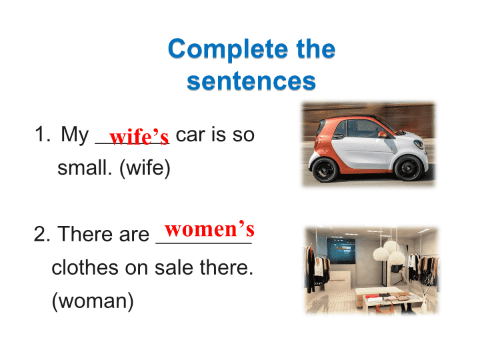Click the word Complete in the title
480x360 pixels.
click(228, 49)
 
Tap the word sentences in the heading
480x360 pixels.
click(251, 81)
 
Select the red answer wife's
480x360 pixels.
click(139, 136)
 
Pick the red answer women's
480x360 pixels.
click(209, 229)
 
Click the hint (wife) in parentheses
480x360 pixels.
click(145, 168)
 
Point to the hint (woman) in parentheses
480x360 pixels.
click(93, 301)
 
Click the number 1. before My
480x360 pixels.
click(43, 134)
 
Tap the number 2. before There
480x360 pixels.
click(42, 234)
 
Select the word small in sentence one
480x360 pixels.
click(85, 168)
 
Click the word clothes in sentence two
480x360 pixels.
click(85, 267)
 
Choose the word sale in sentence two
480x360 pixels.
click(174, 267)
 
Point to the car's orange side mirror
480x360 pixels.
click(383, 134)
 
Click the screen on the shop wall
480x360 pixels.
click(341, 251)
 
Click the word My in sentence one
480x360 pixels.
click(75, 135)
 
